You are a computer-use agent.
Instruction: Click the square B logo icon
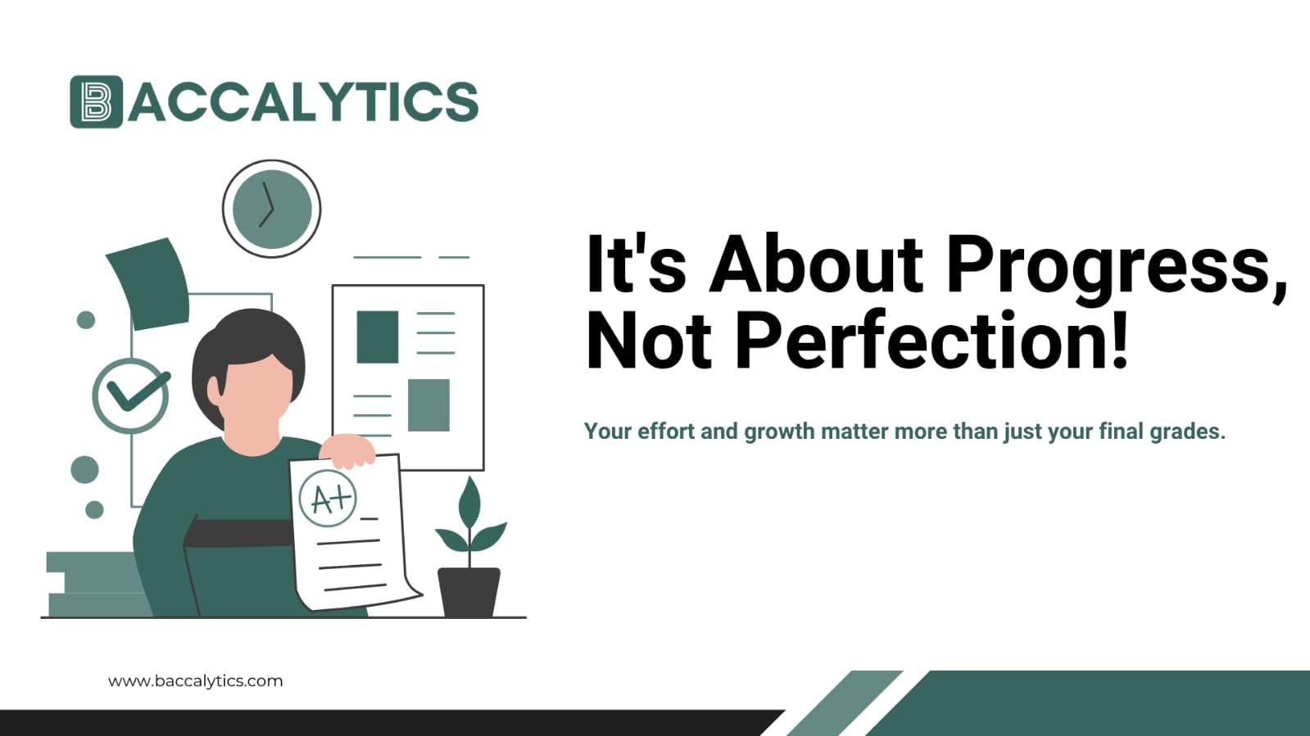[96, 102]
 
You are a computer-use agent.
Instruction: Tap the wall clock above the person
[271, 209]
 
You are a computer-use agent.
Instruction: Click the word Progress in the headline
[1115, 264]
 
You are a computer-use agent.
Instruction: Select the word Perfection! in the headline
[932, 340]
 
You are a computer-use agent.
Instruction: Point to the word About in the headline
[816, 264]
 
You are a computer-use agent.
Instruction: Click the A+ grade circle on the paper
[329, 498]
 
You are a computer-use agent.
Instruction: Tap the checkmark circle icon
[131, 395]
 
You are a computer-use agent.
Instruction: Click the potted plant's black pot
[469, 591]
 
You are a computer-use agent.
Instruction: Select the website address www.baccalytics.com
[195, 680]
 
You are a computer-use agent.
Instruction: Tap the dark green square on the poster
[378, 336]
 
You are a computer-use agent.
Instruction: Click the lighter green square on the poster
[428, 404]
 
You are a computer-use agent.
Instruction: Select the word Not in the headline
[649, 340]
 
